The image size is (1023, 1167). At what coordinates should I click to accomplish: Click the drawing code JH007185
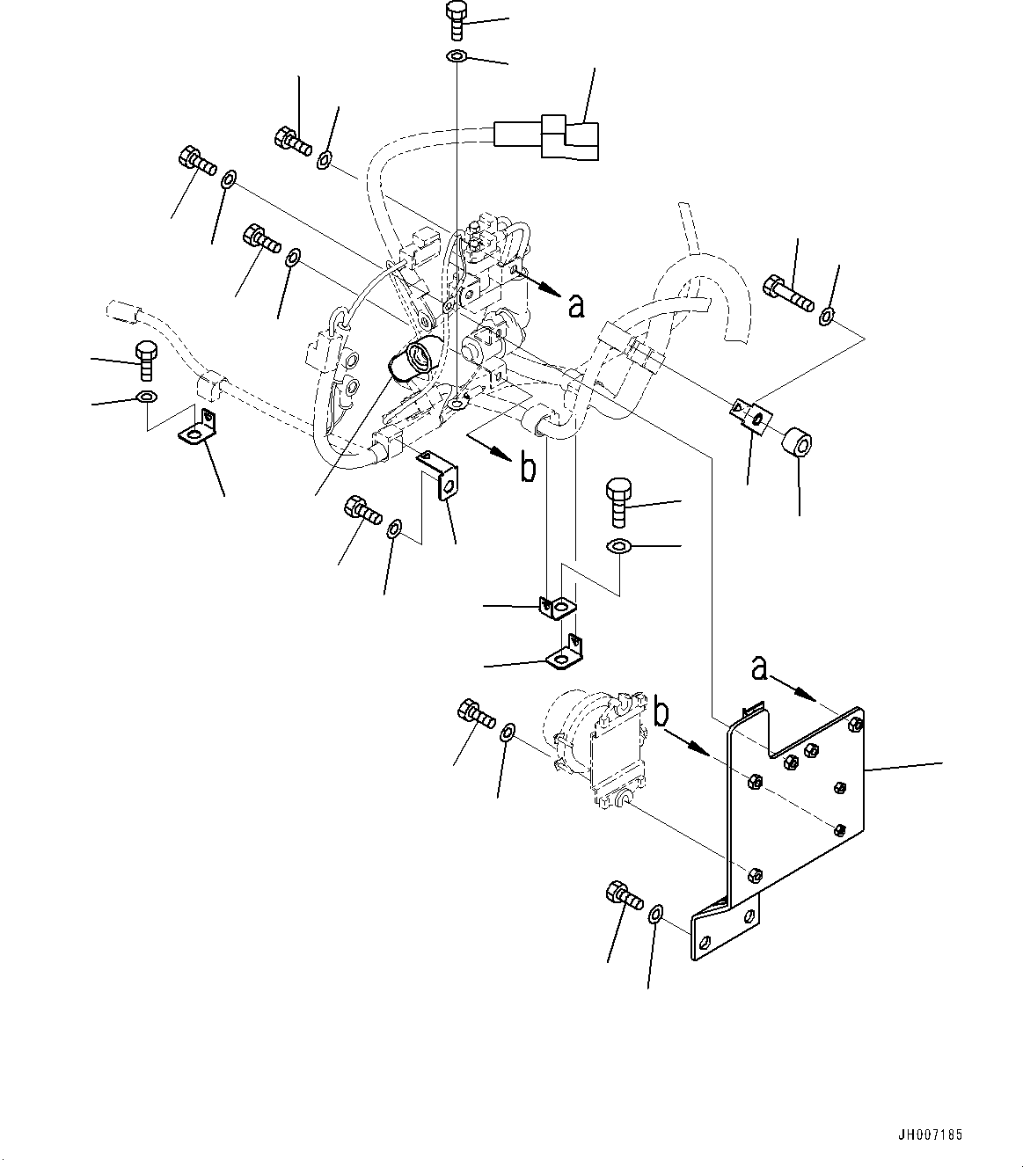point(931,1134)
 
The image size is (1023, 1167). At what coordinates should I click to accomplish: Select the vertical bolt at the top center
point(456,18)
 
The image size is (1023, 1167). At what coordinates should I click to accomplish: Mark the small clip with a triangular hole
point(749,416)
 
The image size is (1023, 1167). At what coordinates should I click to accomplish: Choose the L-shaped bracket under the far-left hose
point(199,428)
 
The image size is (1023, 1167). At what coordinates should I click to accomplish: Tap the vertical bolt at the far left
point(146,361)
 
